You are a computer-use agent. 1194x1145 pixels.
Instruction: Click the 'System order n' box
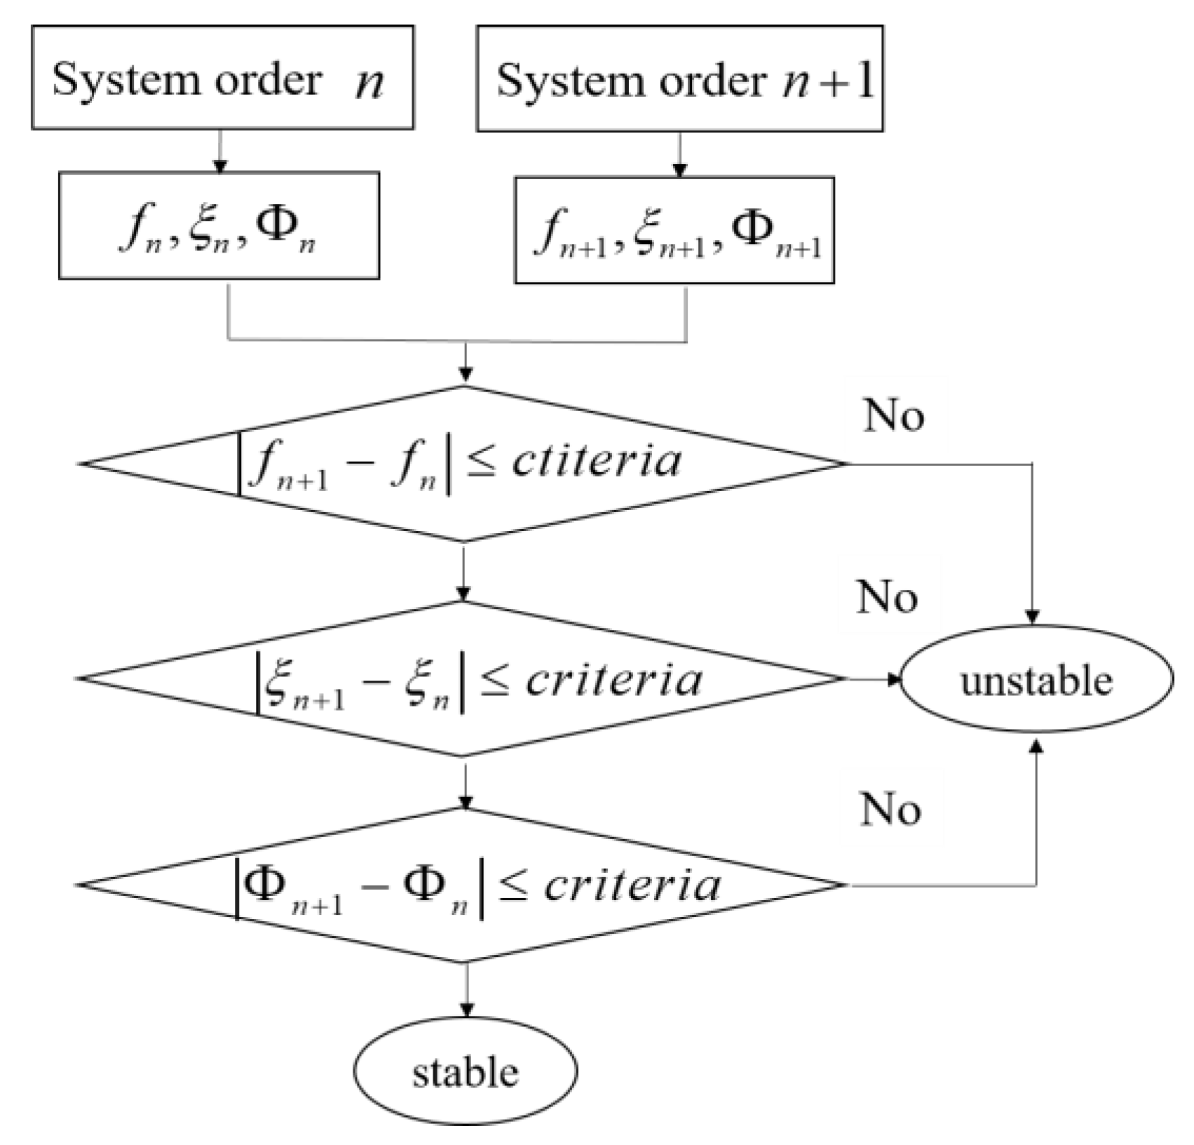(222, 78)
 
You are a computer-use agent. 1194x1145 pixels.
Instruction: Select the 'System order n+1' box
(679, 79)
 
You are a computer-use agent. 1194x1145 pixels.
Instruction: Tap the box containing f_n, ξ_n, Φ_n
(219, 226)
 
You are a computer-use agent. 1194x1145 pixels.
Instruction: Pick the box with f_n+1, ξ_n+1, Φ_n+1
(674, 231)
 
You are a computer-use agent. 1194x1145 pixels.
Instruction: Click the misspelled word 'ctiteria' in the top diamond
(596, 462)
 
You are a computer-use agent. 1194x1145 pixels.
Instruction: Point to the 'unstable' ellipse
(1036, 679)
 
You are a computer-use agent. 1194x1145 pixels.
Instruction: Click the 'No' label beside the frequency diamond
(894, 416)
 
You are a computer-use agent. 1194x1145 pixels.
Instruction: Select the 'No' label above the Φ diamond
(890, 809)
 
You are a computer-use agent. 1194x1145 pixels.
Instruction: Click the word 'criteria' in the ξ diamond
(613, 679)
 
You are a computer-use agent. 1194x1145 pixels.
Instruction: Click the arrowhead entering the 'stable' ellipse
(466, 1010)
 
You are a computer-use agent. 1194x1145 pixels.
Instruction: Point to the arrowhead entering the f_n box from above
(220, 167)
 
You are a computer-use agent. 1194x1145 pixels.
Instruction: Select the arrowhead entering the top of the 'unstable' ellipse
(1032, 617)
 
